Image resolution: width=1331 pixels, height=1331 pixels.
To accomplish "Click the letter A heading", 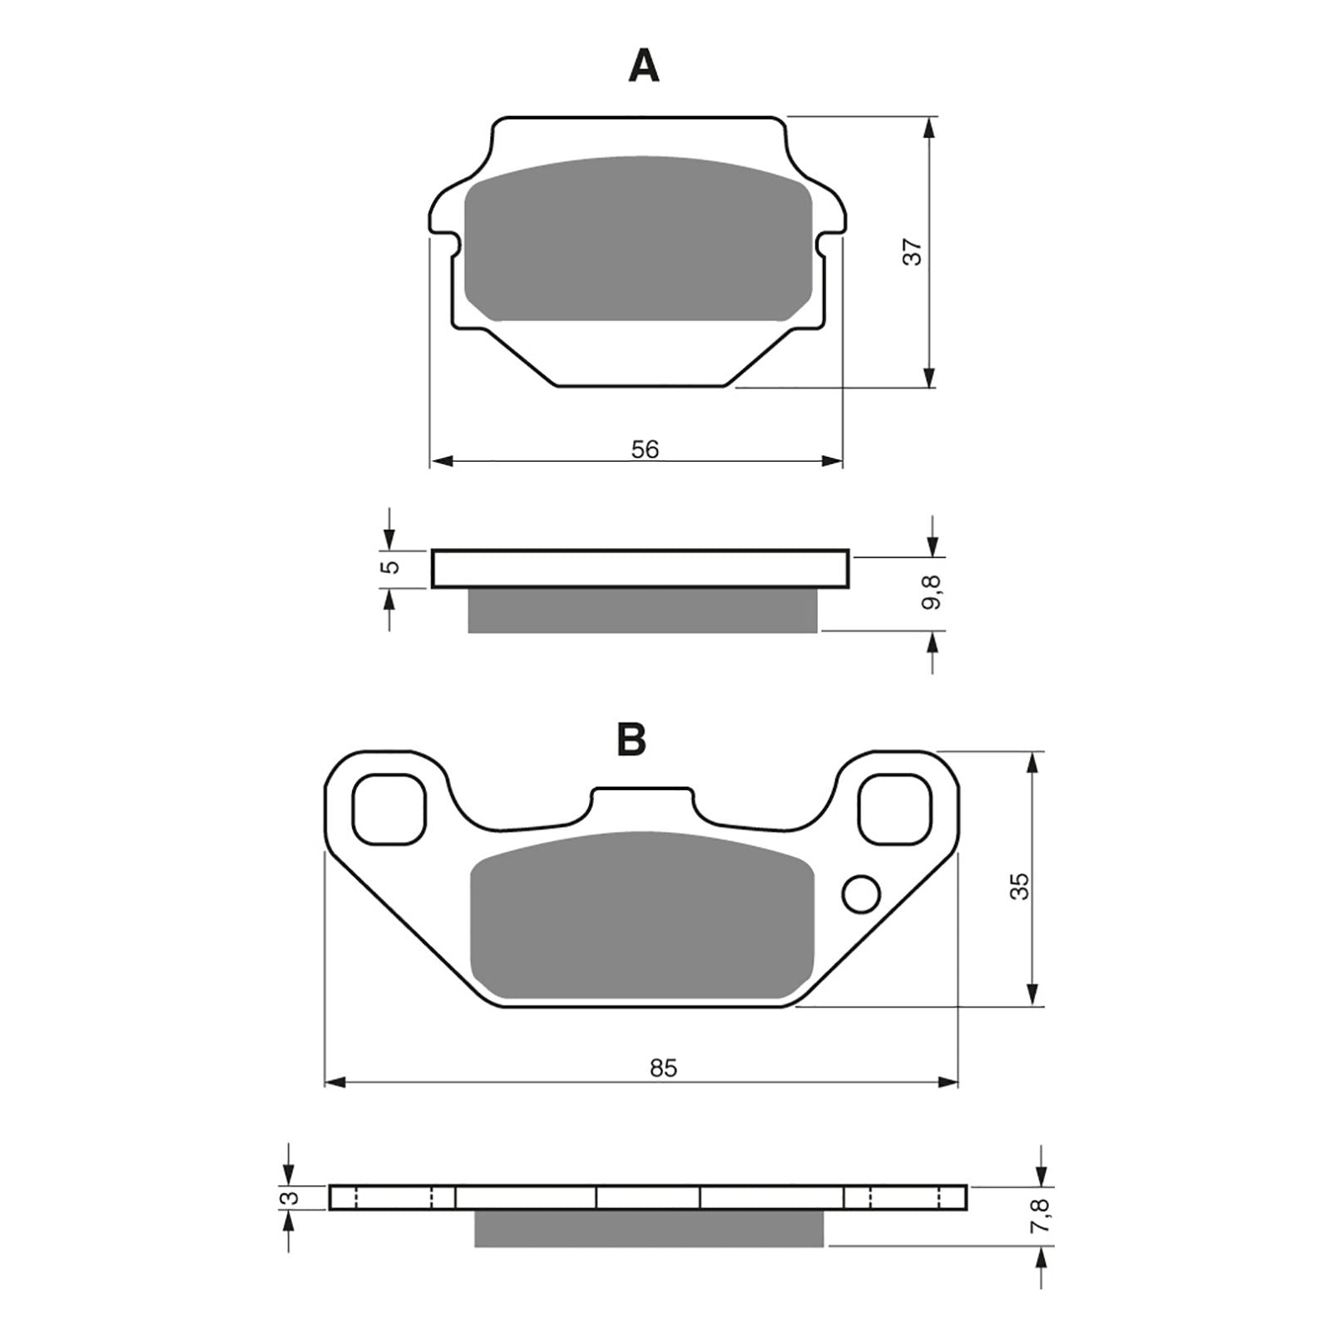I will (x=643, y=66).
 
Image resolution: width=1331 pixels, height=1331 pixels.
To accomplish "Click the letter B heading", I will (x=631, y=738).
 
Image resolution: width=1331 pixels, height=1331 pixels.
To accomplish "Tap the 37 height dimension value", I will (x=913, y=251).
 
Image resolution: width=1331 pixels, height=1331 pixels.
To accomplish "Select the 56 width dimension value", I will (x=644, y=449).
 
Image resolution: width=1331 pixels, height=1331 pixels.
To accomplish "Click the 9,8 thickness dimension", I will (x=933, y=592).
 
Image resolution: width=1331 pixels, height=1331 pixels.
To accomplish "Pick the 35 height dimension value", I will (x=1019, y=885).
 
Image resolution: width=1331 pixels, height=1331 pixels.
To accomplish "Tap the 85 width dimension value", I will (x=663, y=1067).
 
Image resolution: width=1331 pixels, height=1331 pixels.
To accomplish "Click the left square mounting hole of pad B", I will (x=389, y=809).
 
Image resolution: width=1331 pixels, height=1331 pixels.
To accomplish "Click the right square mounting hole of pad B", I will (x=894, y=809).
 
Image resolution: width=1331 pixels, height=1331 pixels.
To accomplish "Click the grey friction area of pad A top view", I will (x=637, y=241).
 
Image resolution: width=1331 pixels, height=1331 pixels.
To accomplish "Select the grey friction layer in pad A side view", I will (x=642, y=611).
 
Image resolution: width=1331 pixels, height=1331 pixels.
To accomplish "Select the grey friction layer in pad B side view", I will (x=649, y=1229).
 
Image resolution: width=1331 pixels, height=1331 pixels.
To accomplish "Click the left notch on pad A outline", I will (x=453, y=244).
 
